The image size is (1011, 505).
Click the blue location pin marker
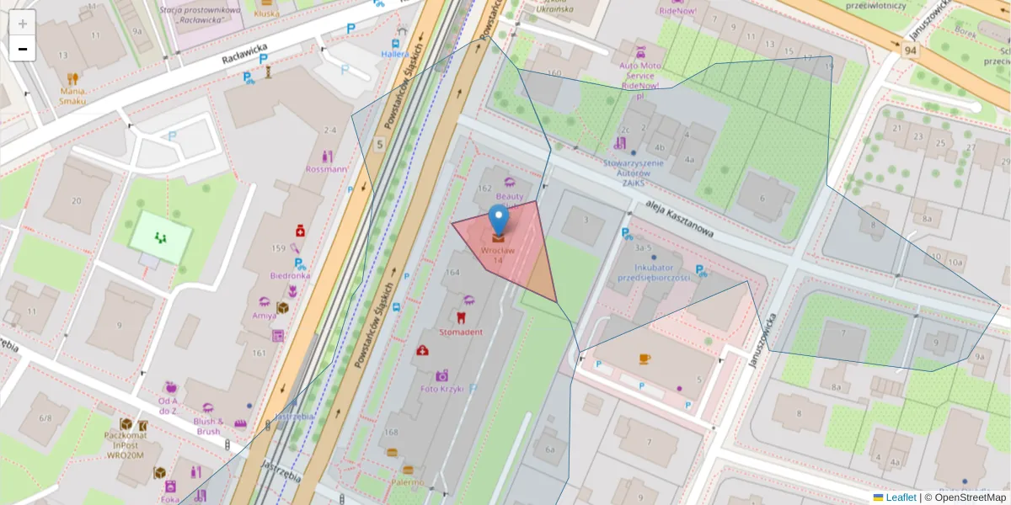click(499, 219)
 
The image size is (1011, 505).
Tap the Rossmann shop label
click(327, 169)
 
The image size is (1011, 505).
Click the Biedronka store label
click(290, 275)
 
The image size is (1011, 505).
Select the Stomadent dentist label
click(461, 332)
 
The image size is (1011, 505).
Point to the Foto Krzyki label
click(442, 388)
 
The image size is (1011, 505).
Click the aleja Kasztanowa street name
click(680, 218)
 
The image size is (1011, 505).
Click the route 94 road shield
click(909, 50)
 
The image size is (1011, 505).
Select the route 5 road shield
click(380, 144)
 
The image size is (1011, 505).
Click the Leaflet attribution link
click(901, 497)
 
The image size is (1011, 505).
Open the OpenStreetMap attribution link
click(970, 497)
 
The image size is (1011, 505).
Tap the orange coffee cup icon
click(645, 359)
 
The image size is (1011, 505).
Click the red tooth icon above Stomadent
click(460, 317)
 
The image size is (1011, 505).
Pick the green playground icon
click(160, 237)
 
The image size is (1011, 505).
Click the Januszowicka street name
click(761, 337)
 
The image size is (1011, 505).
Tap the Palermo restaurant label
click(407, 482)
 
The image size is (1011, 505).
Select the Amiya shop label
click(264, 316)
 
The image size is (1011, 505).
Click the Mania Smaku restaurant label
click(72, 96)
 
